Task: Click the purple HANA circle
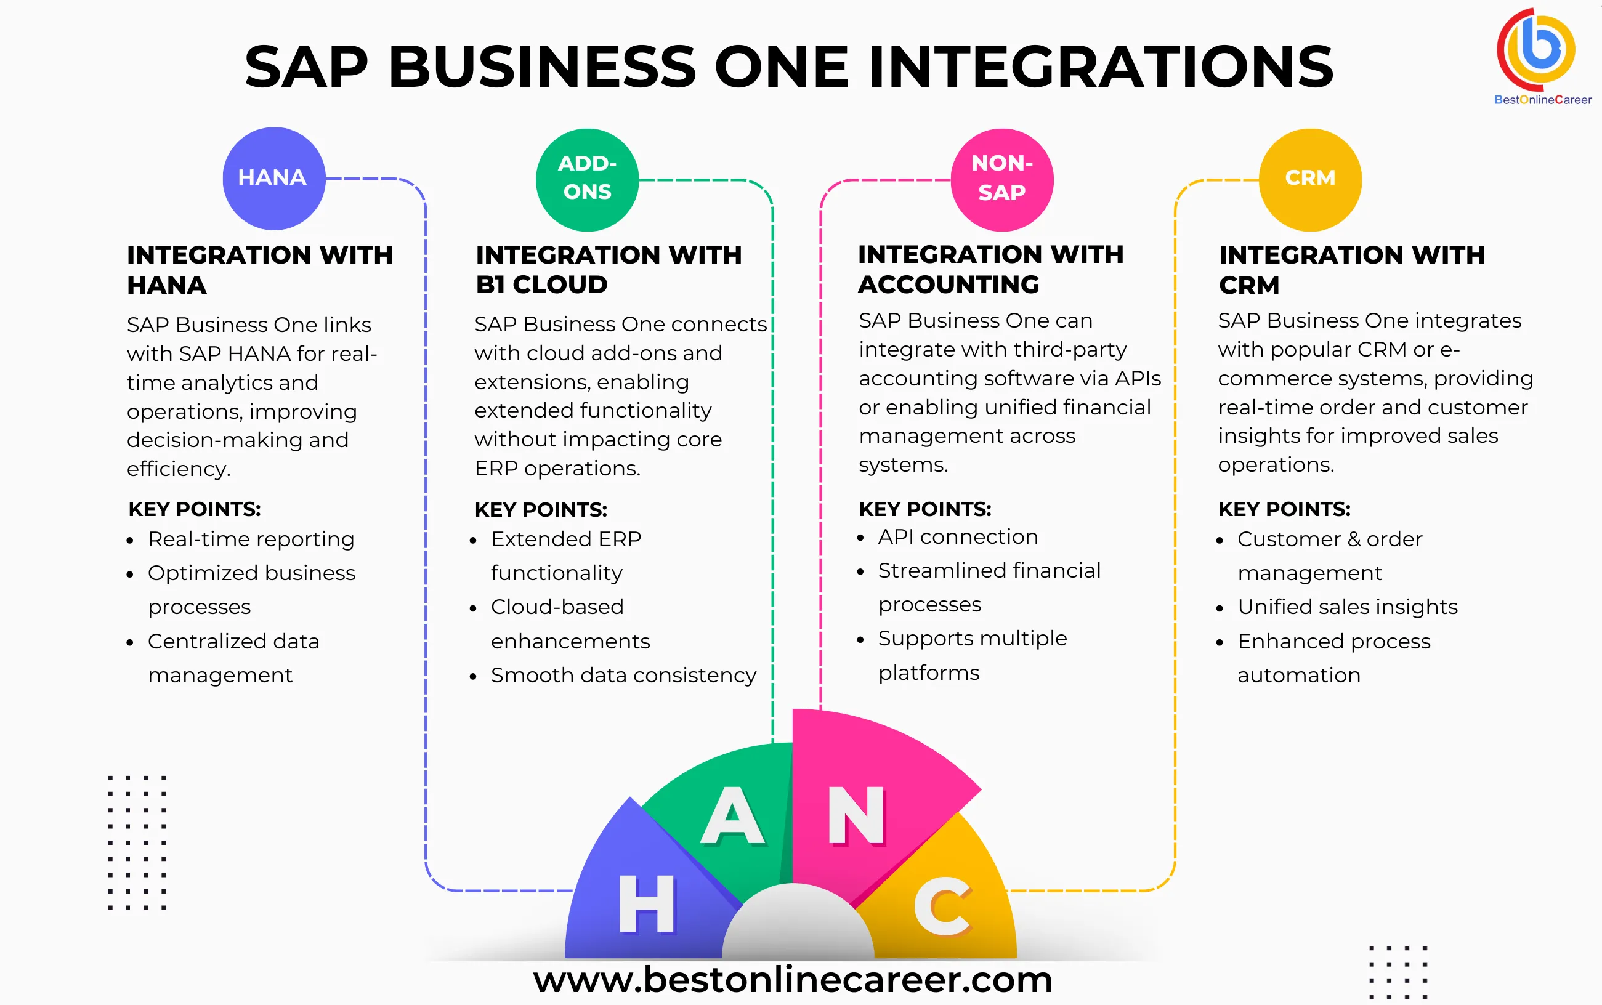(273, 178)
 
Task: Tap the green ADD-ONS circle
(587, 179)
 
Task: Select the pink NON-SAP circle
(1001, 179)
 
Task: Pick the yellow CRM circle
(1309, 179)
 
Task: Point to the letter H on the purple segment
(646, 903)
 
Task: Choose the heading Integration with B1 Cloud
(609, 269)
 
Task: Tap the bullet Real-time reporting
(251, 539)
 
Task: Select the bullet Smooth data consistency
(623, 676)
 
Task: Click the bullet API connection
(957, 536)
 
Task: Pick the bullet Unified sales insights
(1347, 607)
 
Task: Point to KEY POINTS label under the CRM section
(1284, 509)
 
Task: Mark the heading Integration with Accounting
(990, 269)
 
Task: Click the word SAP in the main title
(307, 67)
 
